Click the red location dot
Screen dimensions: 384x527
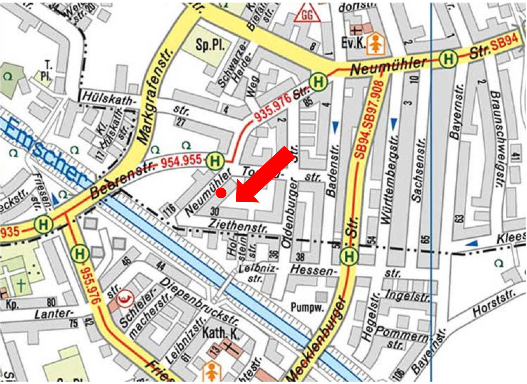[x=221, y=193]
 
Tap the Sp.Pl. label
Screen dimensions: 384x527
[x=210, y=44]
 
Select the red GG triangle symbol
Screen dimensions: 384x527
[x=307, y=14]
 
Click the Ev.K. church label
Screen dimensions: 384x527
[x=353, y=43]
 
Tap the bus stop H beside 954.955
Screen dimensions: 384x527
[x=215, y=161]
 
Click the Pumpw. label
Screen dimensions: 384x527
[x=307, y=307]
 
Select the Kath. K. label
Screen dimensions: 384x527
[x=221, y=333]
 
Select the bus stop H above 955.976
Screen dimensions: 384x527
[x=80, y=254]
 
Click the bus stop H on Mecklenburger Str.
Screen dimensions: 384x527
[x=349, y=256]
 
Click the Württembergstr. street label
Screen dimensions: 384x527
[x=389, y=180]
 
